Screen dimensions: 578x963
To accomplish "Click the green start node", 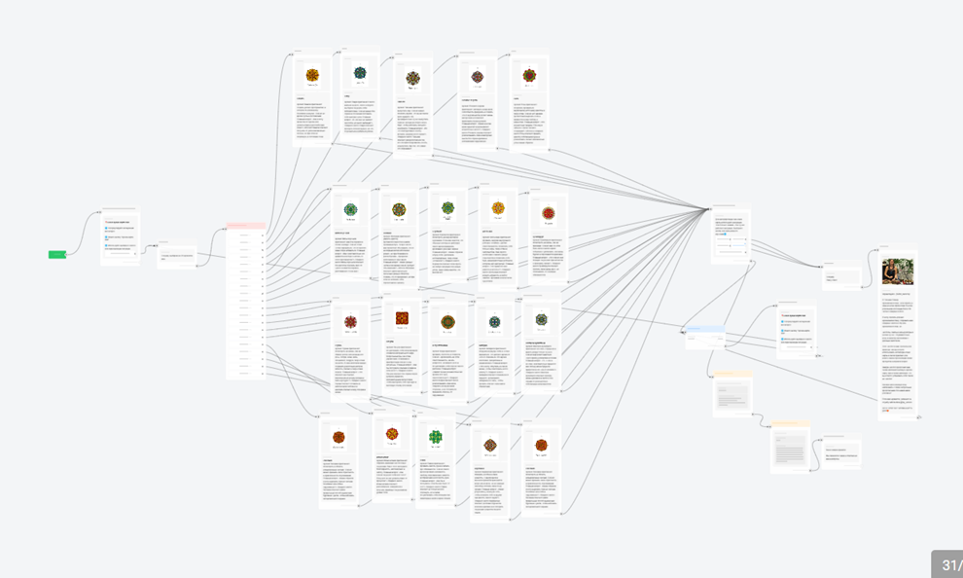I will click(x=57, y=255).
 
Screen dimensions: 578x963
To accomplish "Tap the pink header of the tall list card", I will click(x=245, y=226).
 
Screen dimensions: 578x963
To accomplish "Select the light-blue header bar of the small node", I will click(x=704, y=329).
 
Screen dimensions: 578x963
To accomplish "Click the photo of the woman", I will click(x=897, y=271).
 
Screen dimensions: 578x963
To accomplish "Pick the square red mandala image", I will click(x=402, y=318).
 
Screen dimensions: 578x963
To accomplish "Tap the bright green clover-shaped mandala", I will click(x=436, y=437).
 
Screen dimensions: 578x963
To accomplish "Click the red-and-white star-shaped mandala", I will click(x=351, y=321).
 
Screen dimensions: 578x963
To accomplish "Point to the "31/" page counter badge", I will click(x=946, y=564).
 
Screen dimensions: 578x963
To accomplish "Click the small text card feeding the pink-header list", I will click(x=176, y=256).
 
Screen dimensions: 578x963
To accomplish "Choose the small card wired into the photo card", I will click(x=841, y=276).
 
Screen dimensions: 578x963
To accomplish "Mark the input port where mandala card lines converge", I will click(x=710, y=209).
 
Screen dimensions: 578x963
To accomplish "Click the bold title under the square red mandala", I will click(x=389, y=342).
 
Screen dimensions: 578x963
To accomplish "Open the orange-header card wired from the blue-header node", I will click(x=731, y=393).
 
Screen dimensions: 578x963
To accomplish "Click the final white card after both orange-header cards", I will click(x=841, y=453).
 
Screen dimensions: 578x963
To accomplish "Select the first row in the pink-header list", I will click(x=245, y=235).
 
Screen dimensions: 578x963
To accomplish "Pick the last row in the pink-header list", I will click(x=245, y=373).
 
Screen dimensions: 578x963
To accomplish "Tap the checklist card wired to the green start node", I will click(x=121, y=237).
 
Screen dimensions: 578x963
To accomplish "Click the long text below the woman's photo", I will click(x=897, y=350).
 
